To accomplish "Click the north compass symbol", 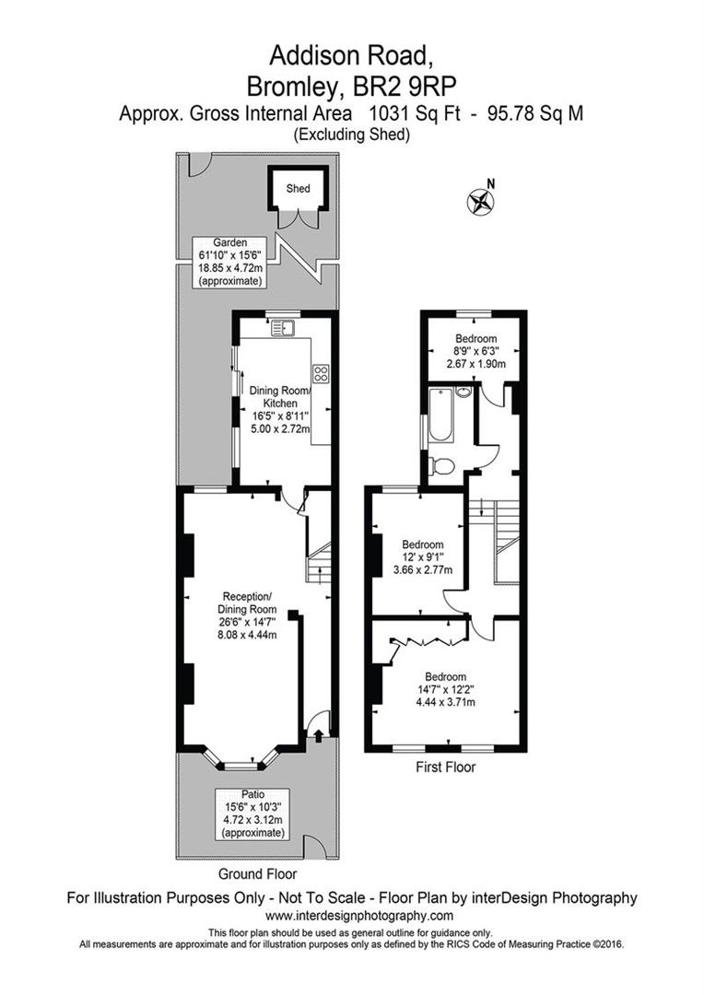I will point(481,201).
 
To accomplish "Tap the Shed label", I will point(298,189).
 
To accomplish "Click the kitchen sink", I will point(281,325).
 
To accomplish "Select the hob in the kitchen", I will point(322,373).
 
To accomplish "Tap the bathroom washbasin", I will point(463,393).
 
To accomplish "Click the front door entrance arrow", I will point(318,734).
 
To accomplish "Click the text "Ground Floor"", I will point(258,873).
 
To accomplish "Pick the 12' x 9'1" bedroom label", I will point(422,556).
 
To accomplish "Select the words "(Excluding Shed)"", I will point(352,135).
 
